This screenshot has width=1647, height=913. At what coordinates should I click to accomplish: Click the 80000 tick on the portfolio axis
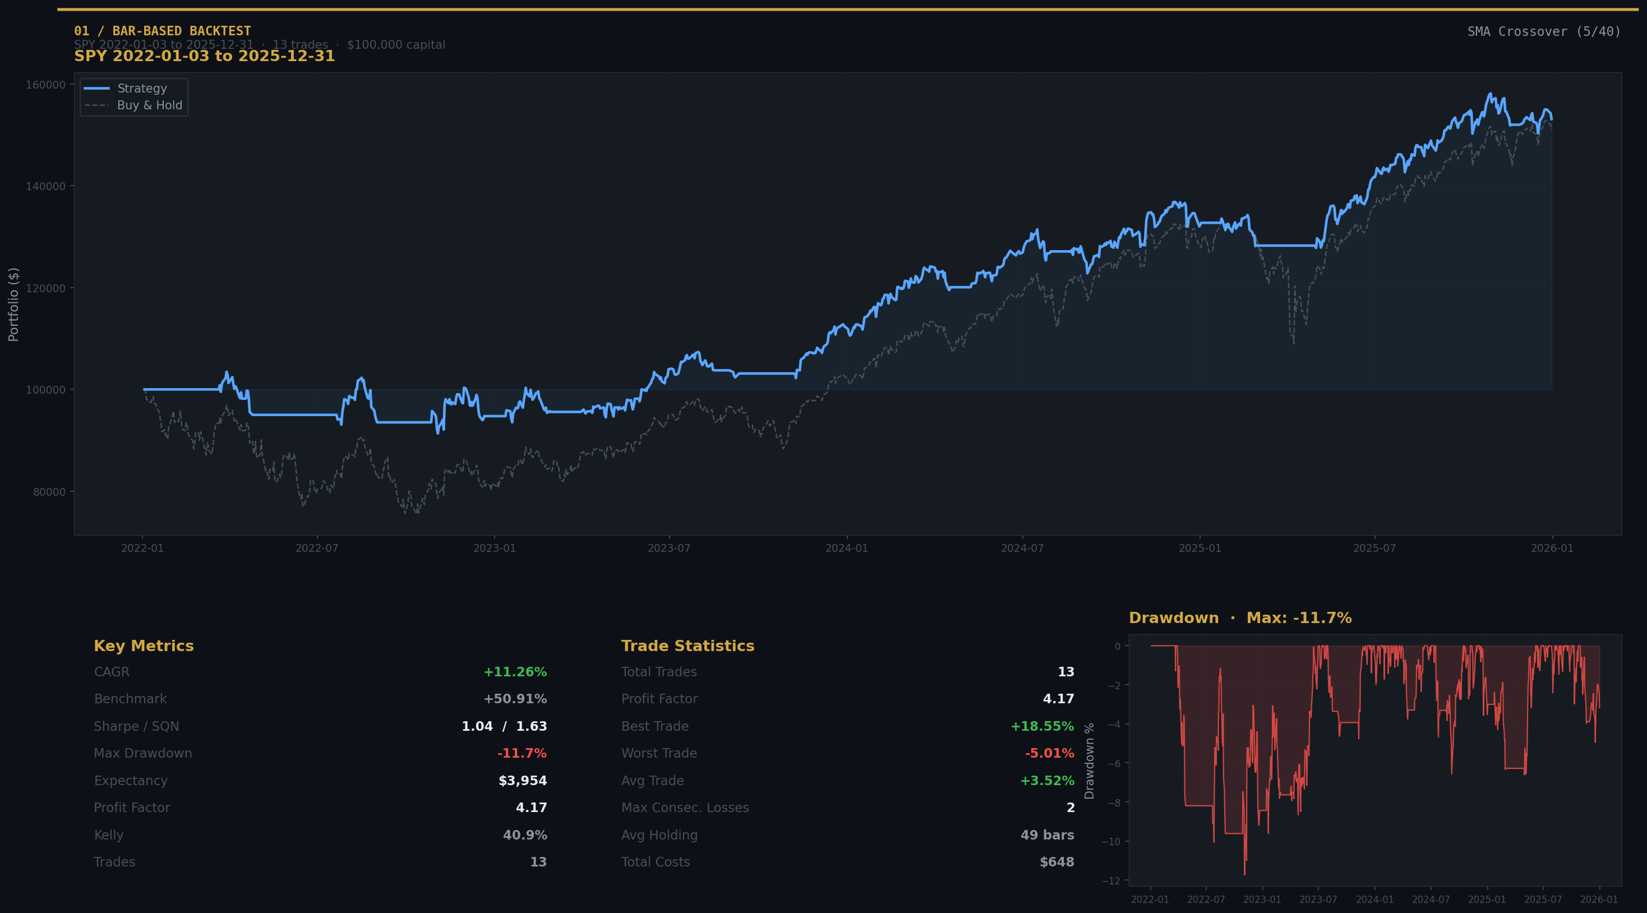click(x=49, y=492)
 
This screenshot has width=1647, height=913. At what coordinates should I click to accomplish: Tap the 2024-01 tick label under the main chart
click(x=847, y=548)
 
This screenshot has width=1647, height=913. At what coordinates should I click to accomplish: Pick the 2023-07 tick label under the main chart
click(x=669, y=548)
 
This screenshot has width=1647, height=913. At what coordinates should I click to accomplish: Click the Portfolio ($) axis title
click(x=13, y=305)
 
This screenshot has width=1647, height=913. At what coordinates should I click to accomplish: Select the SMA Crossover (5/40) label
click(x=1543, y=32)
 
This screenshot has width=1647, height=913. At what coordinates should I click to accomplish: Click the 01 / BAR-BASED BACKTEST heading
click(x=163, y=31)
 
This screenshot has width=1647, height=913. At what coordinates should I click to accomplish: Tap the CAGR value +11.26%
click(x=515, y=672)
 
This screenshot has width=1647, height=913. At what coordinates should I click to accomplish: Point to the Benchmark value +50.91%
click(x=515, y=699)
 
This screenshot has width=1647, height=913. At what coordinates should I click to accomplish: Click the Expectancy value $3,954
click(x=522, y=781)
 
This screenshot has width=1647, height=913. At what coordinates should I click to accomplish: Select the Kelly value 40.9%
click(x=524, y=835)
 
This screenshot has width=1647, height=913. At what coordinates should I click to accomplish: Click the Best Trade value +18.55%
click(x=1041, y=726)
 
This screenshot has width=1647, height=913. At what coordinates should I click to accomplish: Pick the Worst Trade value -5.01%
click(x=1049, y=753)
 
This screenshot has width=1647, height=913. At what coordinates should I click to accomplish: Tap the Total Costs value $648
click(x=1057, y=862)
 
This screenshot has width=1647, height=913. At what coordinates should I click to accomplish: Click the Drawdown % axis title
click(x=1090, y=761)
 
